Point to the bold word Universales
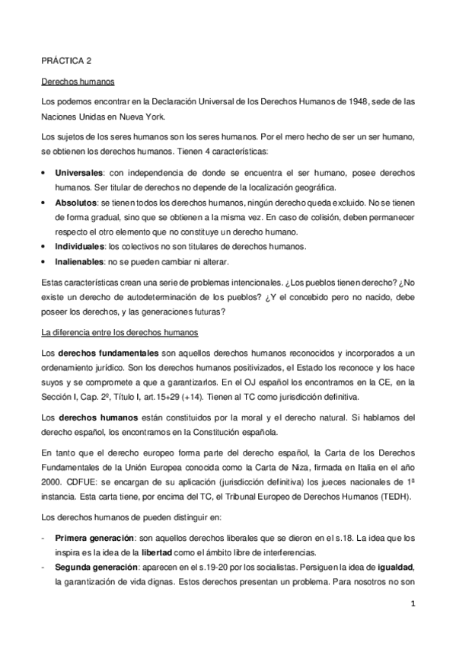[78, 173]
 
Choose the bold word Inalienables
[81, 261]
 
